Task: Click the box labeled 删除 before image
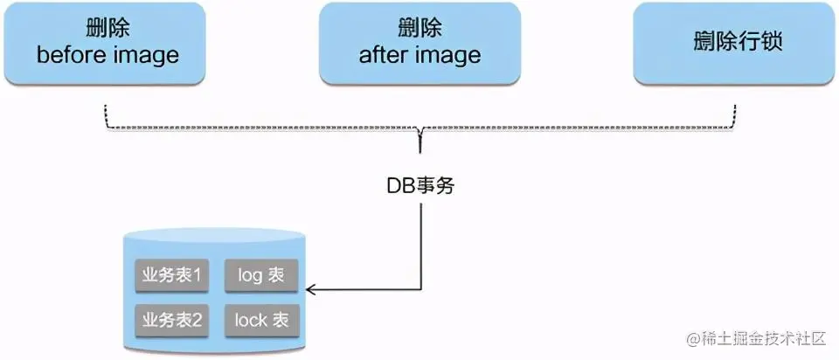tap(107, 43)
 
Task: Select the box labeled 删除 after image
tap(419, 43)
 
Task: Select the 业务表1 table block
tap(172, 276)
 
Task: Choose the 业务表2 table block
tap(172, 321)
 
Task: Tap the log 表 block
tap(261, 276)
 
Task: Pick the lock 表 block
tap(261, 321)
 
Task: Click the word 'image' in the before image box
tap(146, 56)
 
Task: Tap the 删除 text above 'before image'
tap(107, 30)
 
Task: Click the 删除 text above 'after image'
tap(419, 30)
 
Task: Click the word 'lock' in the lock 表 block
tap(250, 321)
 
